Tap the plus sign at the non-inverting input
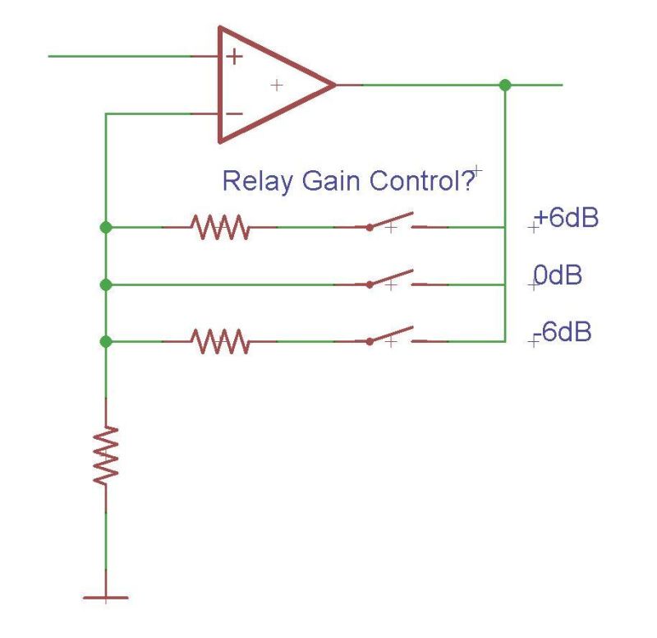pyautogui.click(x=235, y=57)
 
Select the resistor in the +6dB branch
pyautogui.click(x=219, y=227)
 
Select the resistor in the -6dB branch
pyautogui.click(x=219, y=340)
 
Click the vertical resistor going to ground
pyautogui.click(x=106, y=454)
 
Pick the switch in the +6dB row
pyautogui.click(x=390, y=224)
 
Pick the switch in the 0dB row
pyautogui.click(x=390, y=281)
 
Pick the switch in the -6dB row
pyautogui.click(x=390, y=338)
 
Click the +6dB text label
pyautogui.click(x=565, y=220)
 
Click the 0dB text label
pyautogui.click(x=558, y=275)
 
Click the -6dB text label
pyautogui.click(x=563, y=333)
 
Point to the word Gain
pyautogui.click(x=328, y=182)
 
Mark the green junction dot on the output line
pyautogui.click(x=505, y=85)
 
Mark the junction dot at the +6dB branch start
pyautogui.click(x=106, y=227)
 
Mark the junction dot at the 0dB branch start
pyautogui.click(x=106, y=284)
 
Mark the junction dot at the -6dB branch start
pyautogui.click(x=106, y=341)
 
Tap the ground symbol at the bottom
pyautogui.click(x=106, y=597)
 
